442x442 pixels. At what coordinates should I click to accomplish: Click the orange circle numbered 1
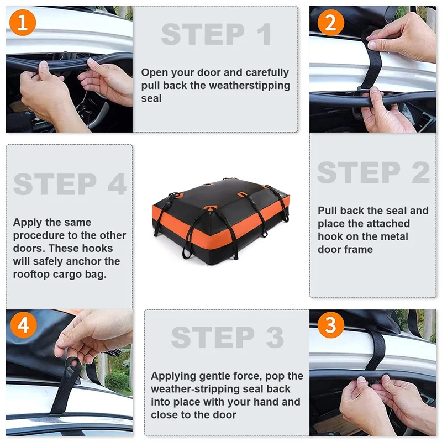tap(23, 23)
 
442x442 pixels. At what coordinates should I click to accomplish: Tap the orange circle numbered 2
tap(330, 23)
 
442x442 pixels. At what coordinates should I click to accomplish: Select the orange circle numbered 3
tap(330, 325)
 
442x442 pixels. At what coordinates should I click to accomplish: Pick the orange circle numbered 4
tap(23, 325)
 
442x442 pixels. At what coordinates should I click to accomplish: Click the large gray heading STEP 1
tap(216, 34)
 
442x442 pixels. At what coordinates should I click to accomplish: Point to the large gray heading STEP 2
tap(373, 172)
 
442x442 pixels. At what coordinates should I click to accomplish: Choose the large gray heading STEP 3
tap(228, 337)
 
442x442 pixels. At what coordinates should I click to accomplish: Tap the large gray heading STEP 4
tap(70, 184)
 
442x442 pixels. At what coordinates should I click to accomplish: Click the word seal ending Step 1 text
tap(151, 98)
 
